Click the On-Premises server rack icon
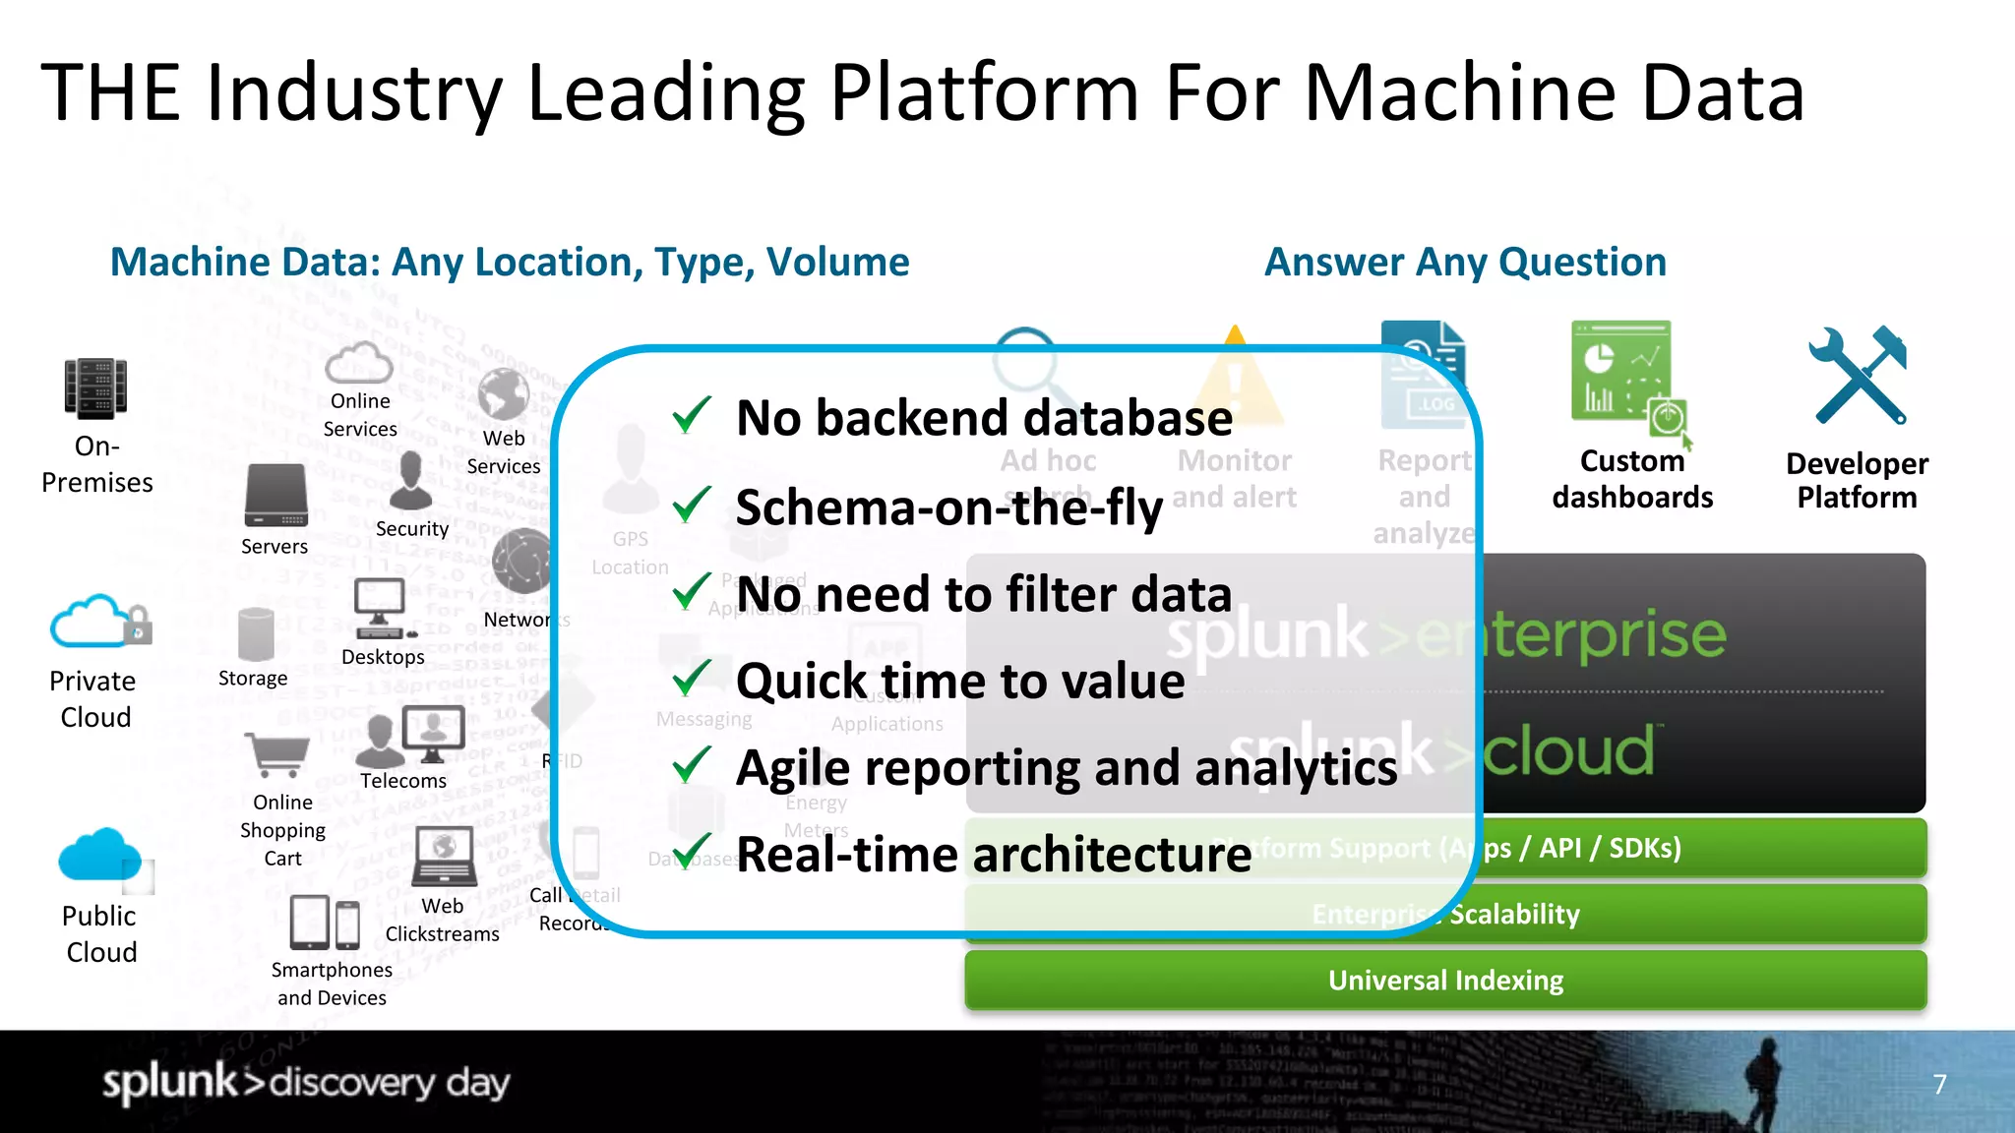[x=95, y=388]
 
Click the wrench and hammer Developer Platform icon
[x=1858, y=376]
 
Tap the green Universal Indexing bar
[x=1444, y=981]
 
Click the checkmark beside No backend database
[x=691, y=416]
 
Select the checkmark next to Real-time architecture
[x=691, y=851]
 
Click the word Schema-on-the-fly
[x=948, y=507]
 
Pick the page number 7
[x=1939, y=1084]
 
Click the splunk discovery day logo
[x=306, y=1082]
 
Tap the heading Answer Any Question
[x=1464, y=263]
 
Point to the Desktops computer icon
[x=380, y=608]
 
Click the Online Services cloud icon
[x=359, y=363]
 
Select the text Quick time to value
[x=960, y=681]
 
